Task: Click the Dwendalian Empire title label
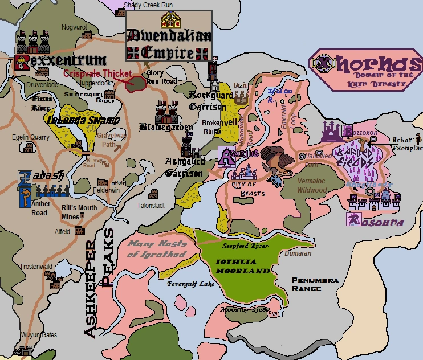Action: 169,44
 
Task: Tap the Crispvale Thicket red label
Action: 97,74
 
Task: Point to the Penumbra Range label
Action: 315,284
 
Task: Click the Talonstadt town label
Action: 151,205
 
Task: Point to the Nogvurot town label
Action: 74,27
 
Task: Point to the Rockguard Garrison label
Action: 208,100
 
